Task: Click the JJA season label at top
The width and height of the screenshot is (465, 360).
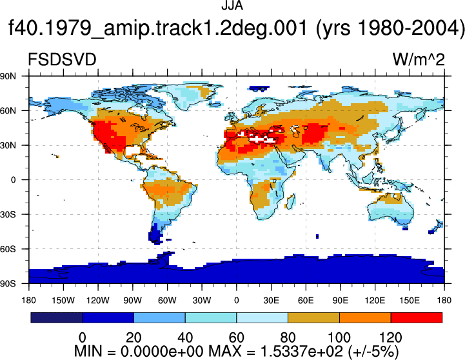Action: coord(232,6)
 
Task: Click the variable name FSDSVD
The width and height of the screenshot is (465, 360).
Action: coord(62,59)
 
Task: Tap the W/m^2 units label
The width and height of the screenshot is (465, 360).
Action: coord(419,59)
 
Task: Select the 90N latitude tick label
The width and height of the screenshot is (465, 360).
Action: coord(8,76)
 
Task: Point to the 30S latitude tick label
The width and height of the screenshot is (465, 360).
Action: coord(8,214)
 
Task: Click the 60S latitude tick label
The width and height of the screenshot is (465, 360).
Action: coord(8,249)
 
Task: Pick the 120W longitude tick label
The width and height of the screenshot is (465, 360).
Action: coord(98,301)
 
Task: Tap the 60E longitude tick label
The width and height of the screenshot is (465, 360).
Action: coord(306,301)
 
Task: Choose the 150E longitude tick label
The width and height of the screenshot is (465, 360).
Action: coord(410,301)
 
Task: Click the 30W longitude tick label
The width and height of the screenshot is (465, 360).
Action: coord(202,301)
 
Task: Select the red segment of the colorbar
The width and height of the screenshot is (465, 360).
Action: coord(417,317)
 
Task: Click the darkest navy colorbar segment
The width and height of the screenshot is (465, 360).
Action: coord(56,317)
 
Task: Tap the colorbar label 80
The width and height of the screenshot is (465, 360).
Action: coord(288,337)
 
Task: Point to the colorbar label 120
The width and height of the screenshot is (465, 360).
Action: coord(391,337)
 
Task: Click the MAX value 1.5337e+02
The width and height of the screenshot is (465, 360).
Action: coord(302,352)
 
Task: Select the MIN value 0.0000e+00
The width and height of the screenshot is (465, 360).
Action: coord(162,352)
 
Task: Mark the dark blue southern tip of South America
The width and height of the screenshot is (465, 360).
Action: coord(155,234)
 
